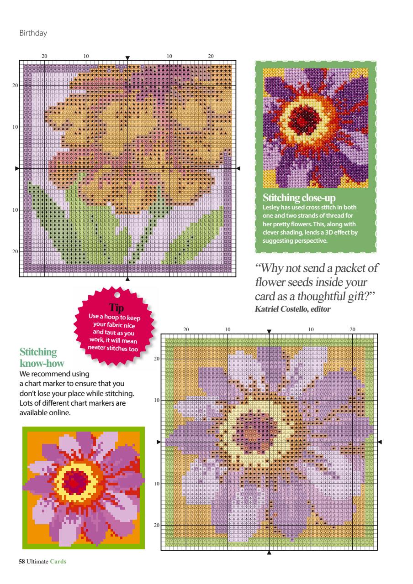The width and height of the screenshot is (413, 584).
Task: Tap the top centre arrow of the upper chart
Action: [x=127, y=58]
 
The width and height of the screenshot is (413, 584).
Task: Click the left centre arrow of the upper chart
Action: [x=17, y=169]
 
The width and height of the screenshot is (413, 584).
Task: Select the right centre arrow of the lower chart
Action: [x=380, y=442]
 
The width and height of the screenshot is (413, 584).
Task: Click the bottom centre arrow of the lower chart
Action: [x=269, y=553]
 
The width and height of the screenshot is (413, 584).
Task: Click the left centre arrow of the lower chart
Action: [x=159, y=442]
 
